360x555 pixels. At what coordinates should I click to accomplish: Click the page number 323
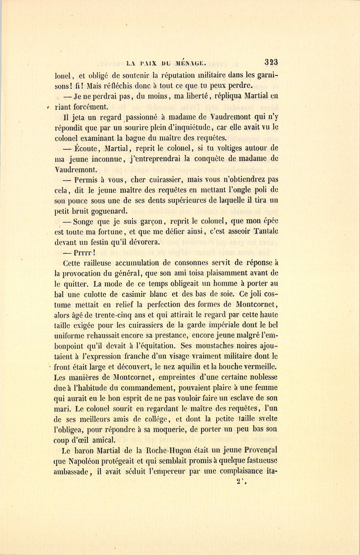pyautogui.click(x=271, y=62)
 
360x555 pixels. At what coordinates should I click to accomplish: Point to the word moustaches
pyautogui.click(x=214, y=346)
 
